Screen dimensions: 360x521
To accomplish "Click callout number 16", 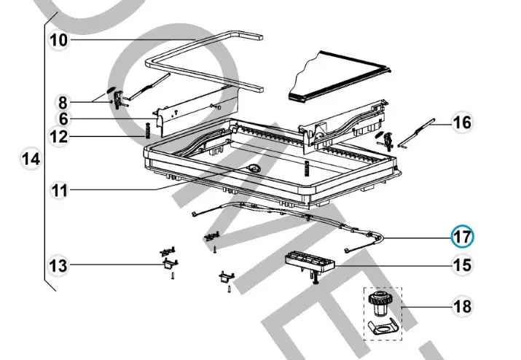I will pos(462,122).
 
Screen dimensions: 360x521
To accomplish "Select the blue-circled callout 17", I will pos(462,237).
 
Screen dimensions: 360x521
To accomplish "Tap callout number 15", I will pos(462,265).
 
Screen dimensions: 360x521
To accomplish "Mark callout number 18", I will pos(462,306).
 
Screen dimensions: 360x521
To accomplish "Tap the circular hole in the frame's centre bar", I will pos(254,168).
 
